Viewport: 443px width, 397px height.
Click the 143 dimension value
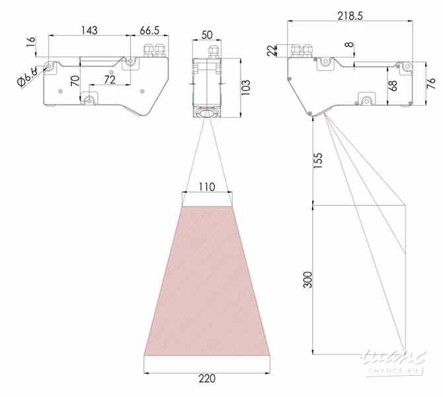(89, 30)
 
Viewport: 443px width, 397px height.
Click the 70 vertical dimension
(75, 82)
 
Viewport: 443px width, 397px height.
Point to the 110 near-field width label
(207, 187)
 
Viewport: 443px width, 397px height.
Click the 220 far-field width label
(207, 379)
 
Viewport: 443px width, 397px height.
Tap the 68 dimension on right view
(393, 85)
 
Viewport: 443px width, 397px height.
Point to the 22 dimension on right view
(272, 51)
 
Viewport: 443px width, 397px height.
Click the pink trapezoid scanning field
(207, 285)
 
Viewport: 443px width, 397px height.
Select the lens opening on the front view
(208, 113)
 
